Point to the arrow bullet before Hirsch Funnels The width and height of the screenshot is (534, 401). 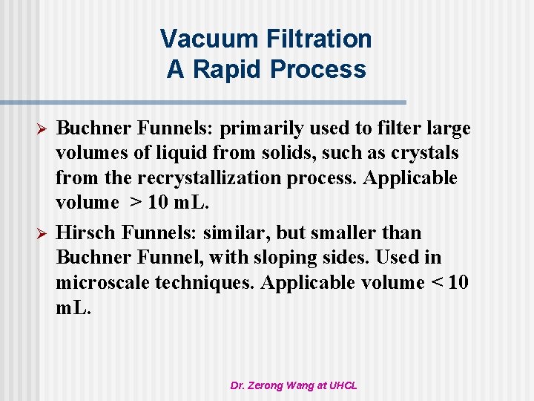(43, 234)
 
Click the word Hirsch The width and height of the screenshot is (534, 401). (85, 233)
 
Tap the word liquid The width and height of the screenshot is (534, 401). (183, 154)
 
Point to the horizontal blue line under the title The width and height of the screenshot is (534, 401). (203, 102)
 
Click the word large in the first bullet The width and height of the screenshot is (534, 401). (447, 129)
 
